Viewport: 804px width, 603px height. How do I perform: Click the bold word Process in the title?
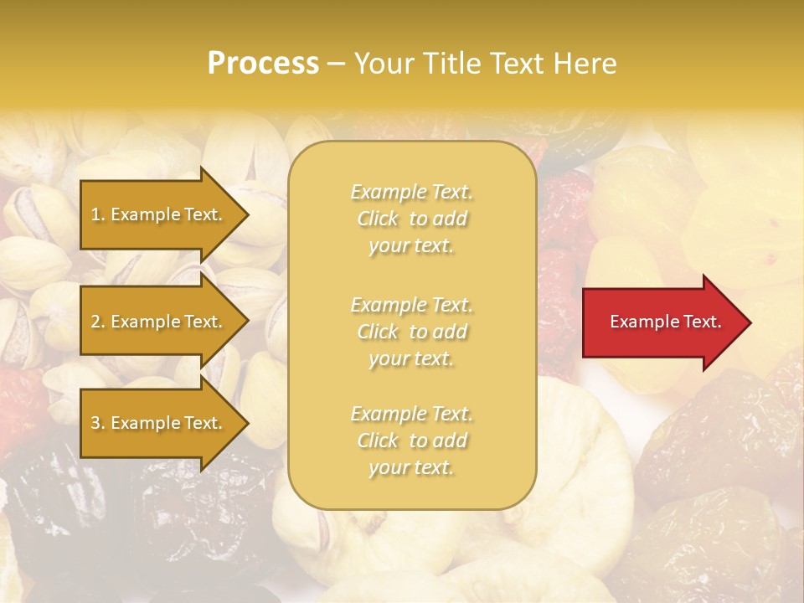[x=263, y=64]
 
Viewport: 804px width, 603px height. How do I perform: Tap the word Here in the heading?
[x=585, y=64]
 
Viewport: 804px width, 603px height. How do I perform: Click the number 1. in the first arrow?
[x=98, y=214]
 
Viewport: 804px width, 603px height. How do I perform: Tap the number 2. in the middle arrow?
[x=98, y=322]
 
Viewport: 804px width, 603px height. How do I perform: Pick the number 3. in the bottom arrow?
[x=98, y=423]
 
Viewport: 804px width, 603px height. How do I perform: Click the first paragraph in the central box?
[x=411, y=219]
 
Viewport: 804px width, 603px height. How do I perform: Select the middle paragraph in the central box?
[x=411, y=332]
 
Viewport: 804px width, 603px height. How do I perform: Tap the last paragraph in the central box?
[x=411, y=441]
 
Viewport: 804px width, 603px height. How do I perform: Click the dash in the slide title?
[x=336, y=64]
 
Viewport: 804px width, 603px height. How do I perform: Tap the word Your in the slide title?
[x=384, y=64]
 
